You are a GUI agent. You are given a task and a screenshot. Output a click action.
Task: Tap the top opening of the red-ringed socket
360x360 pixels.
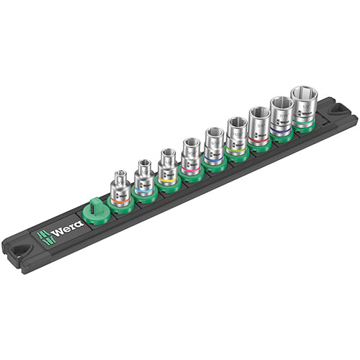(258, 113)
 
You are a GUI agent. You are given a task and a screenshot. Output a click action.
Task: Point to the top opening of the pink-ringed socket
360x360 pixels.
(191, 143)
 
